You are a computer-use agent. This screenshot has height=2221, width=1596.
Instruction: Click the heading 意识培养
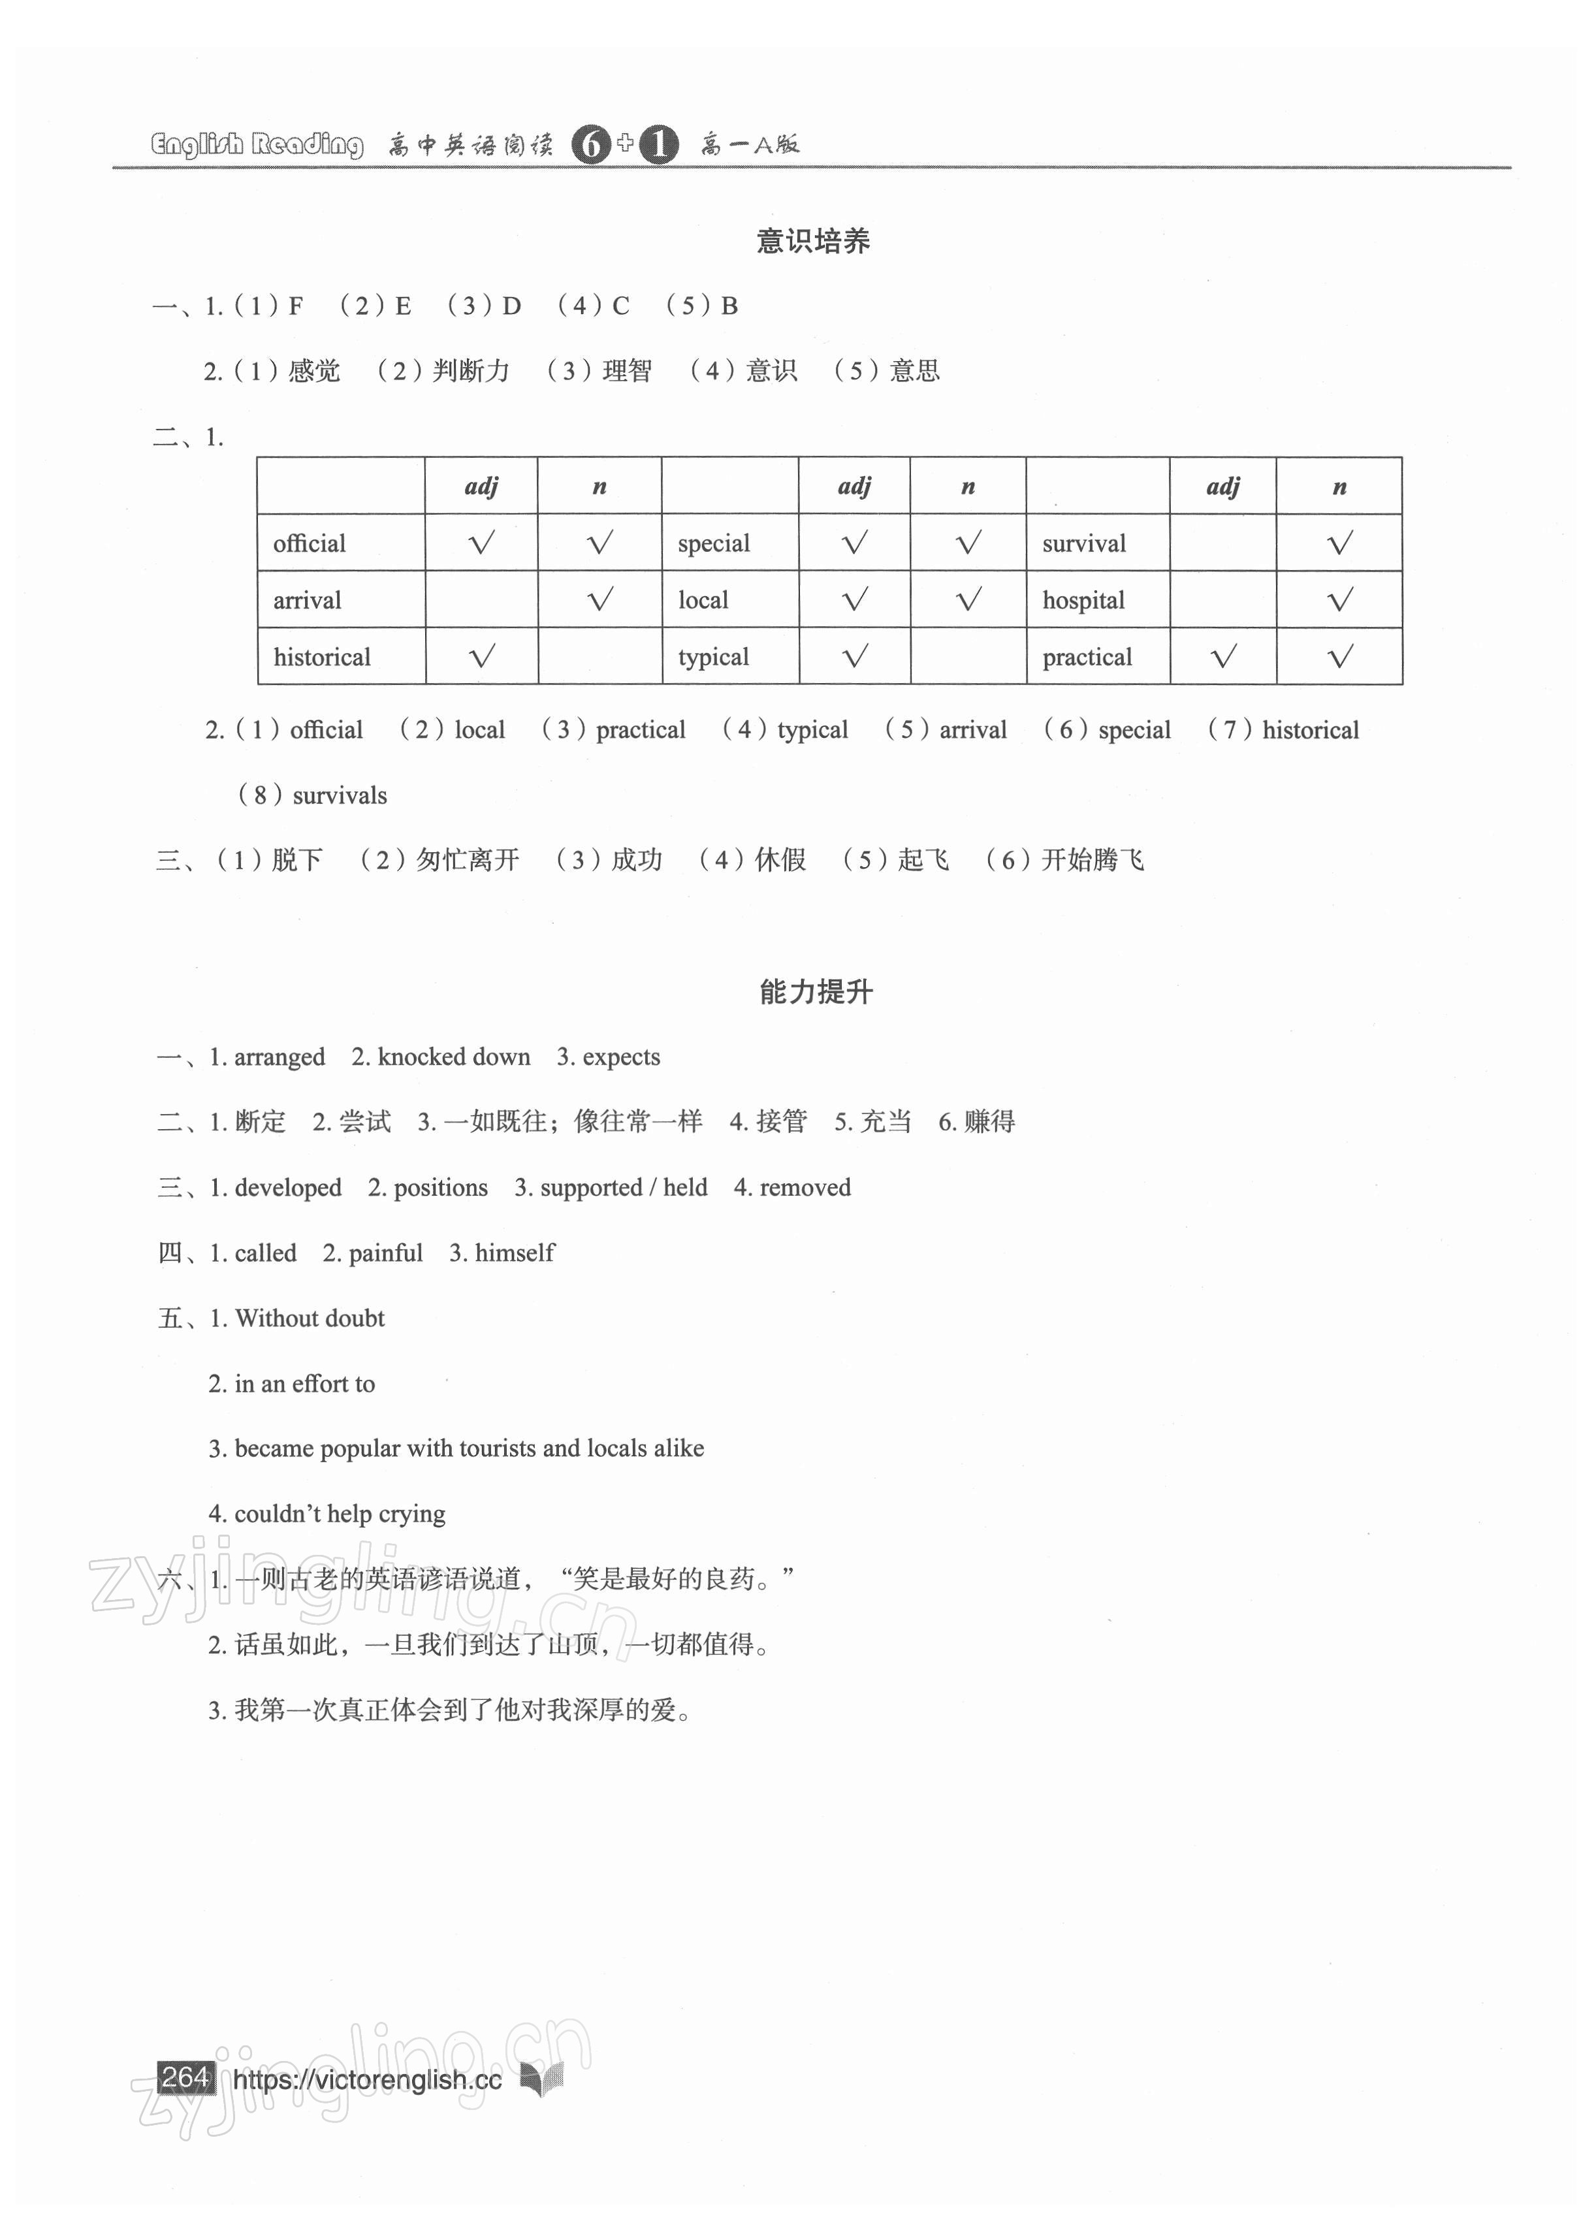coord(812,241)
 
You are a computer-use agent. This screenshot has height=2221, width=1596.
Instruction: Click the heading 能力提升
coord(814,992)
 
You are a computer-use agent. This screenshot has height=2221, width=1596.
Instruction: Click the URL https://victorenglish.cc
coord(367,2080)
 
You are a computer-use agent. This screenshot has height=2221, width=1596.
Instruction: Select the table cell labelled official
coord(310,543)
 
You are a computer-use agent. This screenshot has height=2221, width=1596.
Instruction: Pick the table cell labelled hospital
coord(1083,600)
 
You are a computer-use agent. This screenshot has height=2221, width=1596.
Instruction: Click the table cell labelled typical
coord(713,657)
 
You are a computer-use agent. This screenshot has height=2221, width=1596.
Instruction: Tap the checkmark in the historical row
coord(482,656)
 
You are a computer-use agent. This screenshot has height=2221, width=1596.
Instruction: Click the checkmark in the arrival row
coord(599,599)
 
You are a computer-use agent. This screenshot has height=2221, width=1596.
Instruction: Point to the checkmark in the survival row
coord(1339,543)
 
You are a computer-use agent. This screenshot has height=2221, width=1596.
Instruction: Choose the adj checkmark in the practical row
coord(1223,656)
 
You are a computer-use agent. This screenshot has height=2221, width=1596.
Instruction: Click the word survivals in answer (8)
coord(340,795)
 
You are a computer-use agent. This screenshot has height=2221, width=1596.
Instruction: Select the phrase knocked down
coord(455,1057)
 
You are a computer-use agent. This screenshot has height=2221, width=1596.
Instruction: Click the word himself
coord(514,1253)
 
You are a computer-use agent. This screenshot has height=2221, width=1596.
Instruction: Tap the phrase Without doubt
coord(310,1318)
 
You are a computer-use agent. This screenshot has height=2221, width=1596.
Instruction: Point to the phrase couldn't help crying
coord(340,1514)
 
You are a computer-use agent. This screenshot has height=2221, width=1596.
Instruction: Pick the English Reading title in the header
coord(257,145)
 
